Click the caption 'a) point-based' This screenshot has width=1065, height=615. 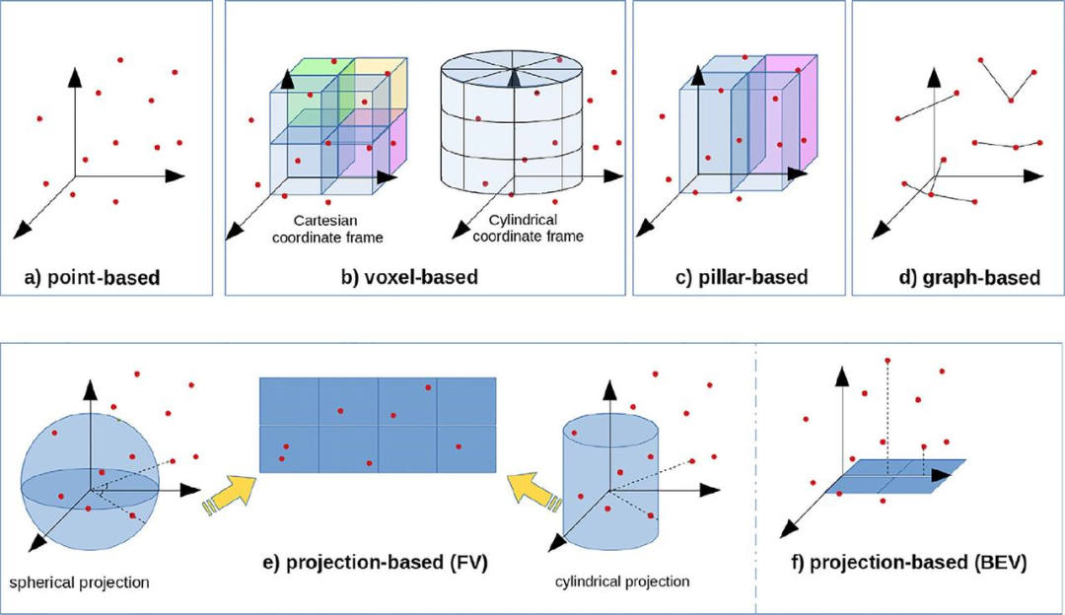click(x=92, y=278)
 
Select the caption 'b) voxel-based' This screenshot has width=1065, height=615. click(x=409, y=278)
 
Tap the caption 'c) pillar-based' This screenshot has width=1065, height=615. click(x=741, y=277)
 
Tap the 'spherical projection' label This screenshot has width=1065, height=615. click(x=80, y=581)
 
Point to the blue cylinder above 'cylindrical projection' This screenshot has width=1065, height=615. click(x=608, y=483)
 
